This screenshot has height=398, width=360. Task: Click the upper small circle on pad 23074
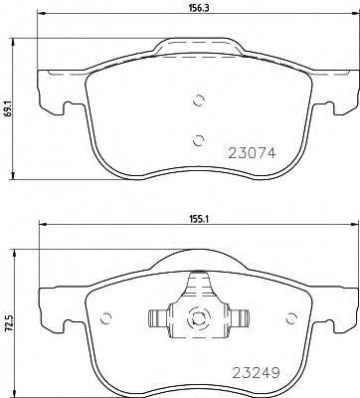198,100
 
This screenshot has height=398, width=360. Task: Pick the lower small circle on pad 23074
198,139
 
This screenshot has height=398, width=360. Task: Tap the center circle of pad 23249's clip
198,319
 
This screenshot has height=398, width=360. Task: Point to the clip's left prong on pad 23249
157,319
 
